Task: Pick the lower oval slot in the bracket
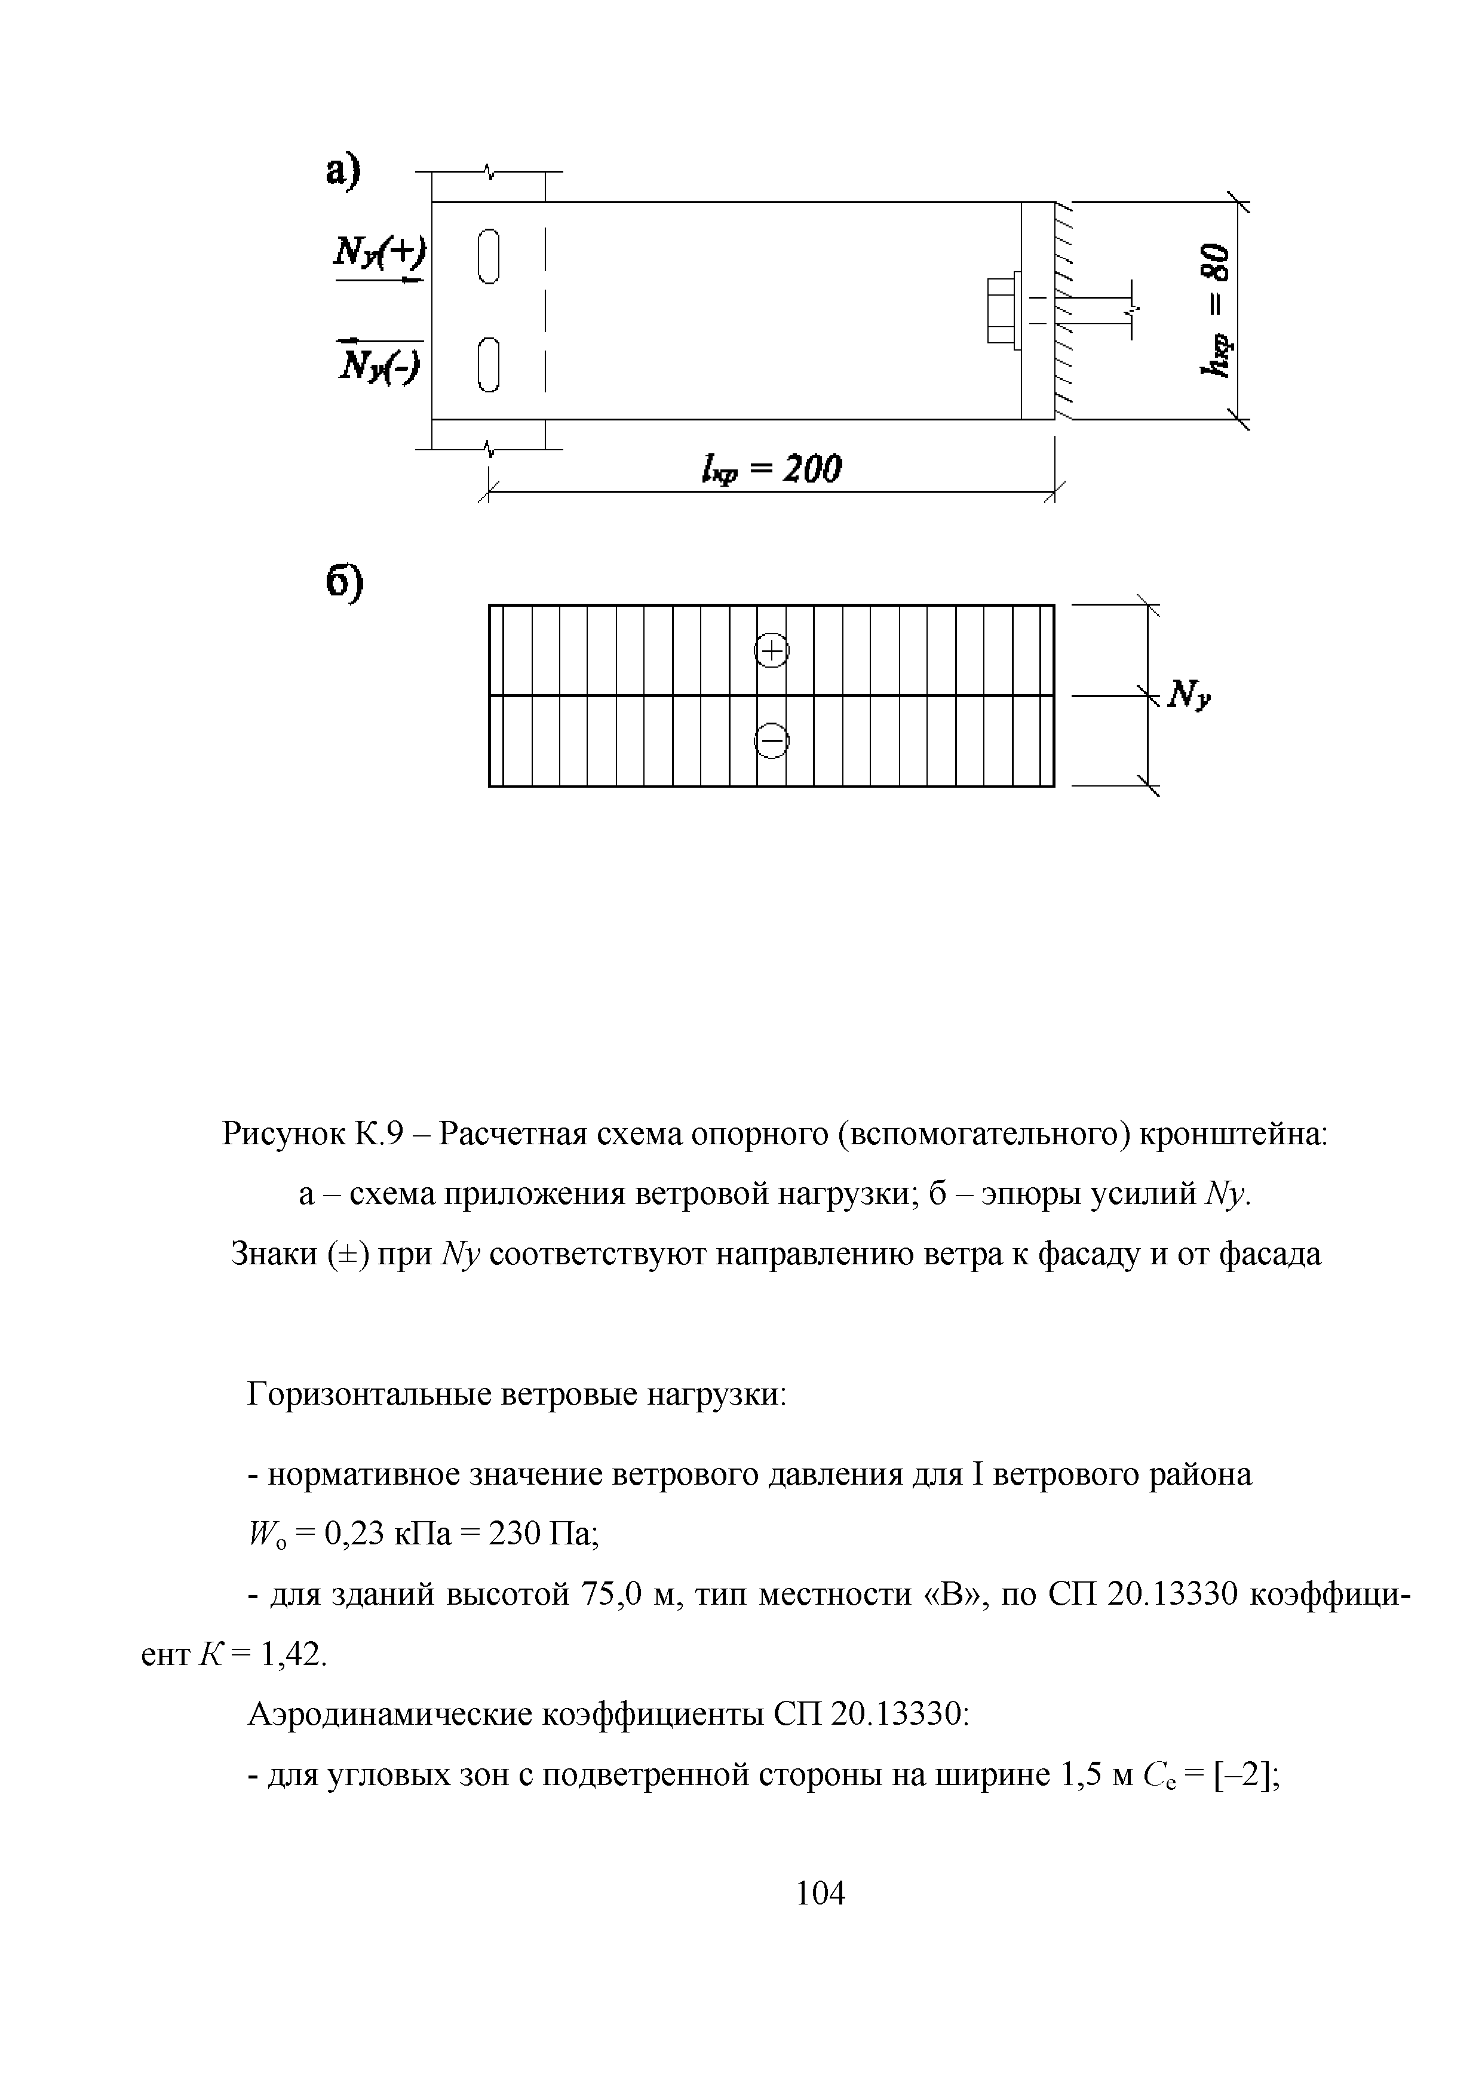[x=489, y=364]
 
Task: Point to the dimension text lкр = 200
[x=771, y=470]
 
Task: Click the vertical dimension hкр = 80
[x=1216, y=310]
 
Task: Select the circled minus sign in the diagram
[x=772, y=740]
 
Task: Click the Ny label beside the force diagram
[x=1189, y=696]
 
